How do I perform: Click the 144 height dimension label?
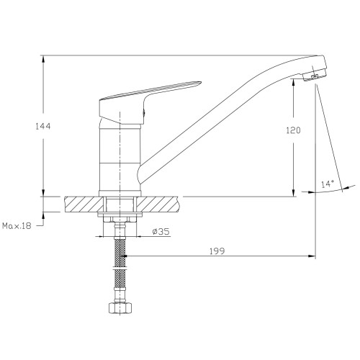(43, 126)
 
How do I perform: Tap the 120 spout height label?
(293, 130)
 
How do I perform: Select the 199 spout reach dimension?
(217, 251)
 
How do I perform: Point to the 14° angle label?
(328, 184)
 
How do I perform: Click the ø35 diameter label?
(161, 231)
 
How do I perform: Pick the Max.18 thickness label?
(17, 226)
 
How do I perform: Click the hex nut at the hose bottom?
(120, 307)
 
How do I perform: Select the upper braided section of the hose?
(120, 252)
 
